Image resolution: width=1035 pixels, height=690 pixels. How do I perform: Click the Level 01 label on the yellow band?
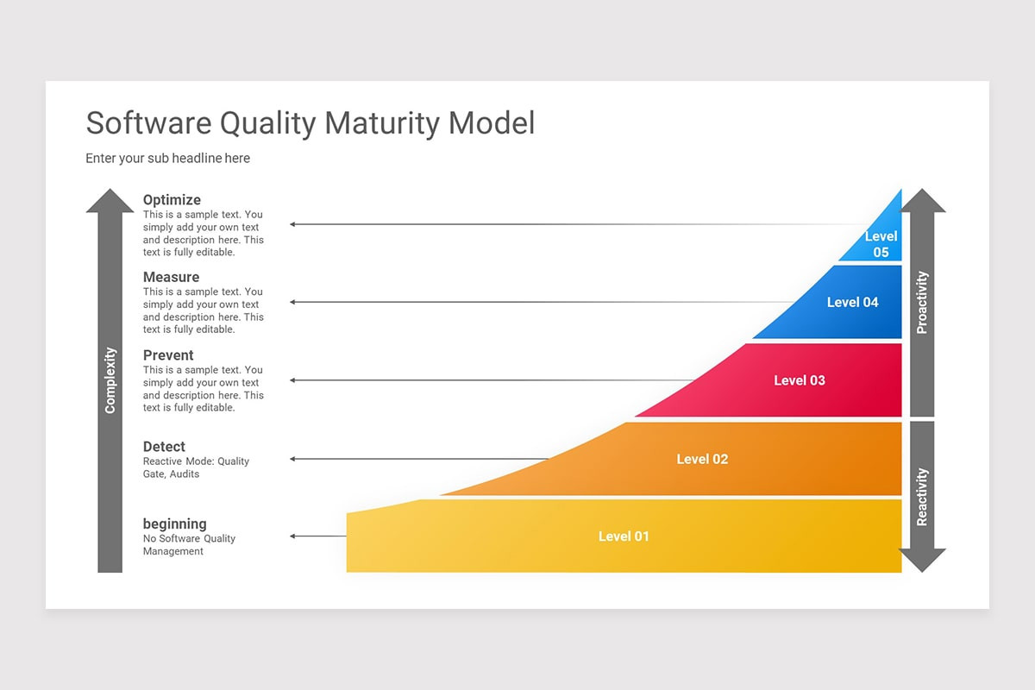624,536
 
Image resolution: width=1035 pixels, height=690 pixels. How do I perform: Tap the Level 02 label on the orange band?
702,459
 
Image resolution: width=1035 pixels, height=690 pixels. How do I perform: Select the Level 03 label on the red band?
799,380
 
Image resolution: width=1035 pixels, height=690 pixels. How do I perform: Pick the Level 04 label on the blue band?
852,302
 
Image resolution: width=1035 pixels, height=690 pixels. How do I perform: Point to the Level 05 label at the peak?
881,244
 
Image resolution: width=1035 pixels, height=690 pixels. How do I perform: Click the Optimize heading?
172,200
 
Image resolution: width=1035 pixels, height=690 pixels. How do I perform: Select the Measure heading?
171,277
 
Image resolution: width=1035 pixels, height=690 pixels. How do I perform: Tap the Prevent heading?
168,355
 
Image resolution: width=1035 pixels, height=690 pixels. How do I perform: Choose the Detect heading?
164,447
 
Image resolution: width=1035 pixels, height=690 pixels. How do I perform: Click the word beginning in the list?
174,524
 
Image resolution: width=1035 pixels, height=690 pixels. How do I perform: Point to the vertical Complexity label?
110,380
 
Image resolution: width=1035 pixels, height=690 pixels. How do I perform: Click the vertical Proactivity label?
922,303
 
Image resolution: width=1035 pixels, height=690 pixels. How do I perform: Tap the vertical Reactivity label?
922,497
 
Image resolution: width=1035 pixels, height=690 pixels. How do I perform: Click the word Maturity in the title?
384,122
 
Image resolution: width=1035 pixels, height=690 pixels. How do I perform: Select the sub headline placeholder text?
167,159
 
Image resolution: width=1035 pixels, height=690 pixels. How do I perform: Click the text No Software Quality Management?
189,545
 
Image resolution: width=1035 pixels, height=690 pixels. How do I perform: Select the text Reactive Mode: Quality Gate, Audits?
196,467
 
